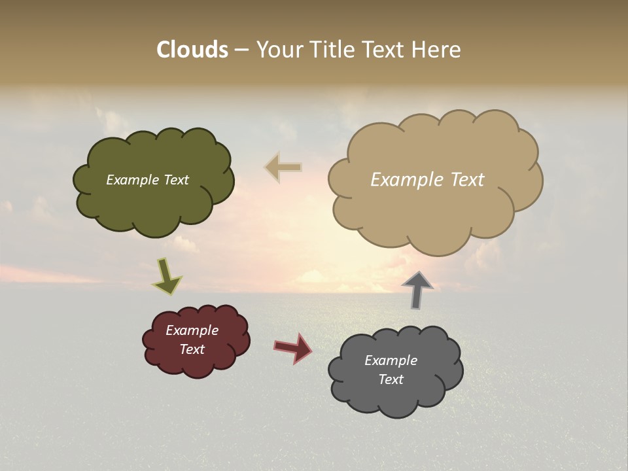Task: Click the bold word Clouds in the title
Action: point(192,50)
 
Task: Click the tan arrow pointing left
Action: point(284,167)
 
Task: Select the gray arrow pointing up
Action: point(417,290)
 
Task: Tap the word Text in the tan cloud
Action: point(467,180)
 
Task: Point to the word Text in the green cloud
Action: point(176,180)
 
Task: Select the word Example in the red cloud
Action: point(192,330)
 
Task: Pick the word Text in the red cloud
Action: point(192,349)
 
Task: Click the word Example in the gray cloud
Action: point(391,360)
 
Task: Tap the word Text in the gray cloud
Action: point(391,379)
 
